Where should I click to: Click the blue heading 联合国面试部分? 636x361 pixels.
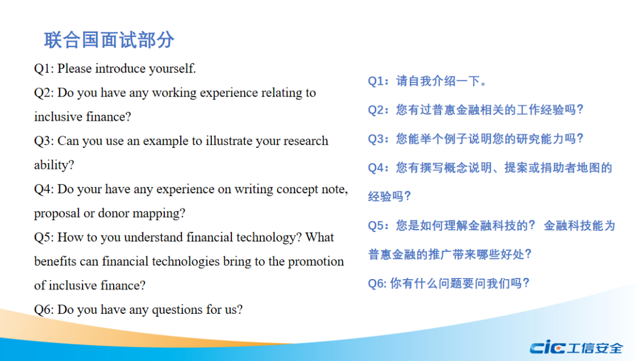coord(109,40)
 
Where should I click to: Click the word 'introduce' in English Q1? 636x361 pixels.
coord(120,68)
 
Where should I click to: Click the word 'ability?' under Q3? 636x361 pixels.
coord(54,165)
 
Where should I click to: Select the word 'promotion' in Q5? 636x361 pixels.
coord(316,261)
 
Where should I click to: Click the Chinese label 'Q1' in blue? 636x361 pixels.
coord(376,81)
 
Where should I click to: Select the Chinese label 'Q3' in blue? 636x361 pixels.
coord(376,139)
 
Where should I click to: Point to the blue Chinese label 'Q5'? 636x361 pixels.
coord(376,226)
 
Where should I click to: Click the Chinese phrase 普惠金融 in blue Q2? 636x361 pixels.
coord(456,110)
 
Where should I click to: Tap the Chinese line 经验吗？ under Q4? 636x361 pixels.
coord(389,197)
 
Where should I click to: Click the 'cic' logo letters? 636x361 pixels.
coord(547,347)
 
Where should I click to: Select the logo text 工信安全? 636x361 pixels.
coord(595,348)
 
